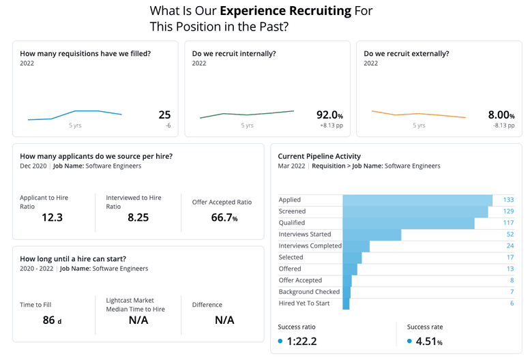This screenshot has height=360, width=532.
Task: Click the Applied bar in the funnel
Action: (417, 200)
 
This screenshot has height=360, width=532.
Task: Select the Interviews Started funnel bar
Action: (372, 235)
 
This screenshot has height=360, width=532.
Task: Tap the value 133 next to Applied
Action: (507, 200)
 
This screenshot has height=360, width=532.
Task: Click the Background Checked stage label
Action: (310, 292)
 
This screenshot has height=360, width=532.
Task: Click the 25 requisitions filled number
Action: (164, 115)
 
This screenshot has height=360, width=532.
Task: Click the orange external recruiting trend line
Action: (418, 114)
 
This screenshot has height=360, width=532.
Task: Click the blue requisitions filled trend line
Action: (75, 114)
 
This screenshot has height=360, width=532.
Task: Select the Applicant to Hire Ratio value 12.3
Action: (52, 217)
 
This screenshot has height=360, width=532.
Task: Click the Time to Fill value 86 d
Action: (52, 320)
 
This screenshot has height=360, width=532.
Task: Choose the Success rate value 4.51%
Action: (430, 342)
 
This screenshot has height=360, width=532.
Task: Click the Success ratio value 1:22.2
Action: (301, 342)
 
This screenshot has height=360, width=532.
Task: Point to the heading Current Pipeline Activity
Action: (319, 156)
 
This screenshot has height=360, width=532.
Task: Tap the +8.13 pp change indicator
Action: (331, 126)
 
